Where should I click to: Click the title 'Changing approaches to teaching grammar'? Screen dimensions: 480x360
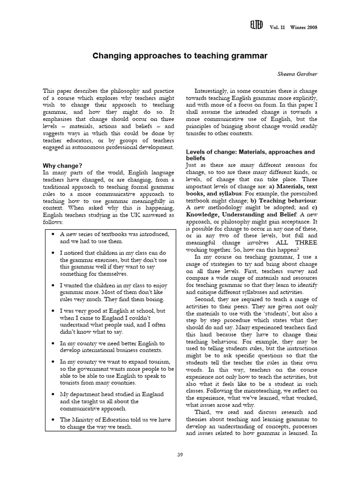180,56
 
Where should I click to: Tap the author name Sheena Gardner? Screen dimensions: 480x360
298,74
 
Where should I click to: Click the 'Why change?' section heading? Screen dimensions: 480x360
62,165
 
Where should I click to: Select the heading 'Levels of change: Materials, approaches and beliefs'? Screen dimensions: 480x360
250,155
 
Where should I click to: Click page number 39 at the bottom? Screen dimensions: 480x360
180,454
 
